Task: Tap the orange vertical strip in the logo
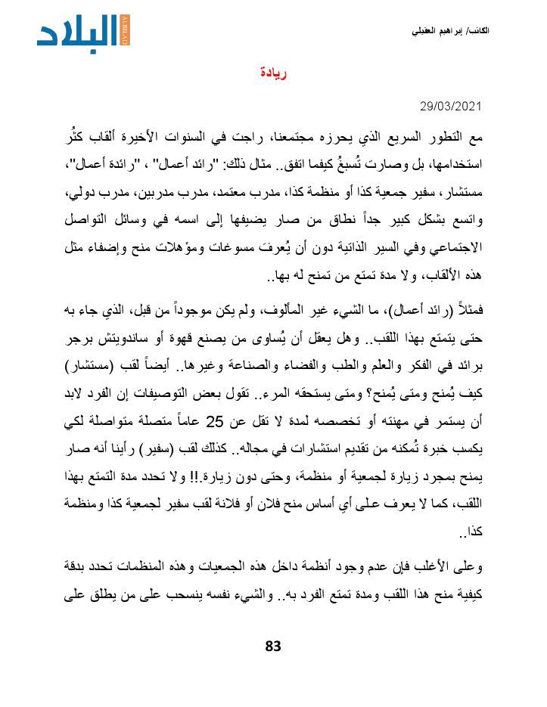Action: pyautogui.click(x=125, y=31)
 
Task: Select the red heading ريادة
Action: pyautogui.click(x=272, y=73)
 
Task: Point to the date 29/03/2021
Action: pyautogui.click(x=451, y=106)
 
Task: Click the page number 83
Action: pyautogui.click(x=273, y=646)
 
